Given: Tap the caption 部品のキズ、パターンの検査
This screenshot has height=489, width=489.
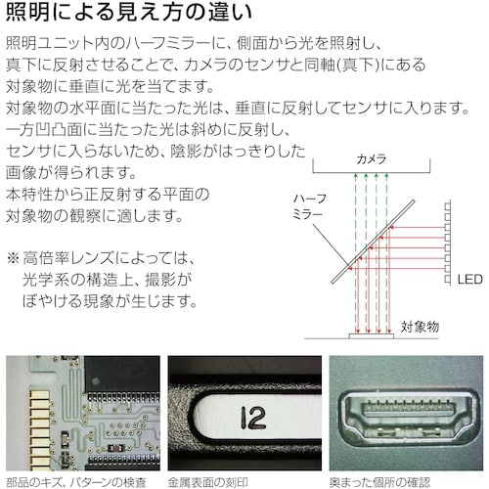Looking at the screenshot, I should pyautogui.click(x=76, y=480).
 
